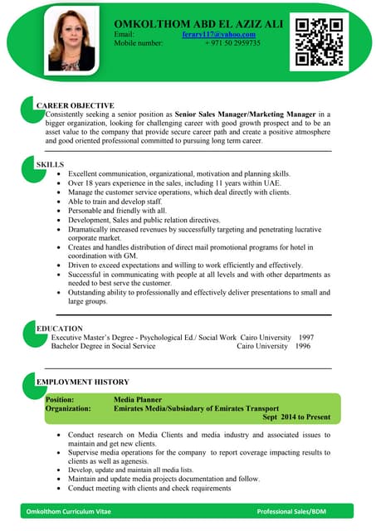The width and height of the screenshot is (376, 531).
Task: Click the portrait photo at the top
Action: click(71, 41)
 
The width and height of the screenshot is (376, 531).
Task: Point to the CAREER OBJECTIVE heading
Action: click(75, 105)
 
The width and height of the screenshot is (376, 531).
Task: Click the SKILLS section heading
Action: click(51, 165)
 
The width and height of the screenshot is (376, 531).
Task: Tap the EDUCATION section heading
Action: click(59, 329)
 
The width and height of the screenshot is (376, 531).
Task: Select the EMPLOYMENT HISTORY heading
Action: click(82, 381)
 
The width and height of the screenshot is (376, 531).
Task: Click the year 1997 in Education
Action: click(305, 338)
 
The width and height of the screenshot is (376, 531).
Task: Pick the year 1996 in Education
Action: click(302, 346)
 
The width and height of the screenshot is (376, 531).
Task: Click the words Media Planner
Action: click(139, 399)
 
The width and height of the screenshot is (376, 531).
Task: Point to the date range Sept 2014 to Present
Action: click(296, 417)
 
